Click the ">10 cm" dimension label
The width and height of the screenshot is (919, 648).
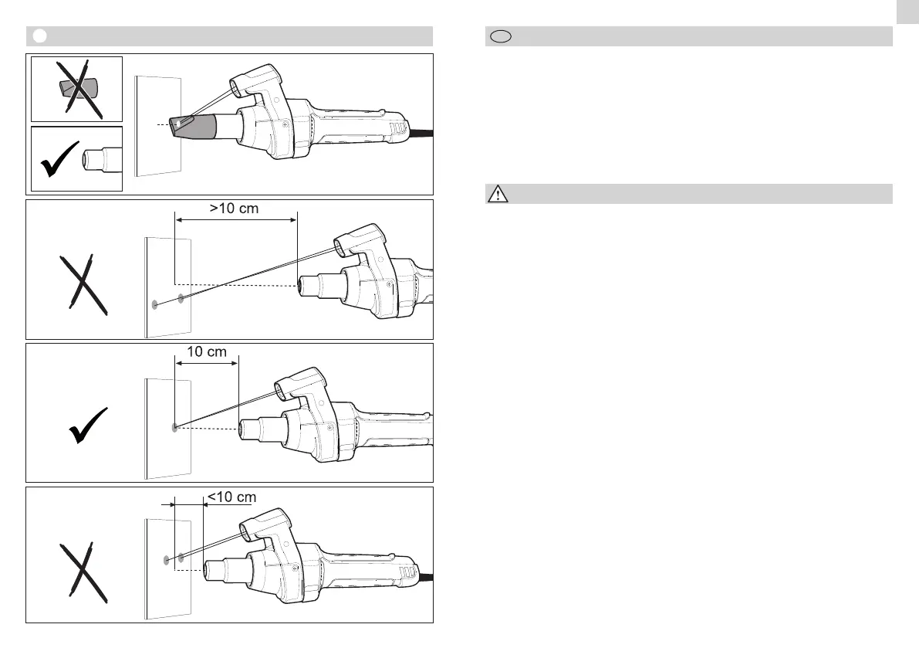pos(234,209)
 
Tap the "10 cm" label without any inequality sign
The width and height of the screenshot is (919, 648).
pos(206,352)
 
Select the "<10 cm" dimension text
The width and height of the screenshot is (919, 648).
pos(232,497)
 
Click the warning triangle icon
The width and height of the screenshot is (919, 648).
pos(498,194)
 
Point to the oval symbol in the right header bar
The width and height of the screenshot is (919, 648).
pos(501,36)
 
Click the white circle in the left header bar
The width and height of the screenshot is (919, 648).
pos(40,36)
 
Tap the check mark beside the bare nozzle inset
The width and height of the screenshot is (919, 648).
pos(59,159)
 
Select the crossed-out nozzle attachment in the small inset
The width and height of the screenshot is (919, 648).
pos(79,89)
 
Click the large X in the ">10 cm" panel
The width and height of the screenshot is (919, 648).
pos(83,285)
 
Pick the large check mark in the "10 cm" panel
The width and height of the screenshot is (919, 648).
pos(88,426)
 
